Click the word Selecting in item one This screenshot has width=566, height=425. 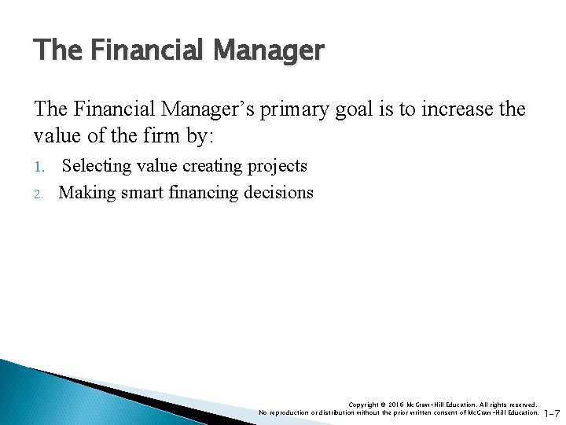coord(96,167)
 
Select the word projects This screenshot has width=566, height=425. coord(277,167)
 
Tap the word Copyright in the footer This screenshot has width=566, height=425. coord(363,405)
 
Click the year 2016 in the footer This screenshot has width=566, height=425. coord(396,405)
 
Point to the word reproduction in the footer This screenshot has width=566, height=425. coord(291,412)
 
